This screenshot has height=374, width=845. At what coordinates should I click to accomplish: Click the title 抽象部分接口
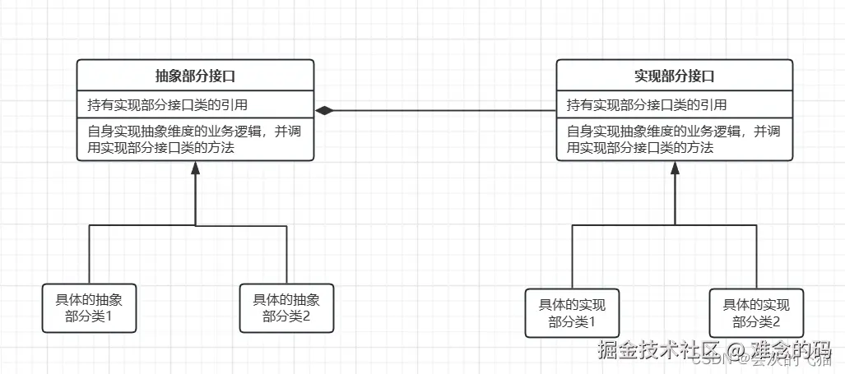[196, 76]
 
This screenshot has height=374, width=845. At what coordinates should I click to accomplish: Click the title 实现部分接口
[675, 76]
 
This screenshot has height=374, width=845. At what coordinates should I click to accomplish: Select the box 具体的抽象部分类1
[89, 307]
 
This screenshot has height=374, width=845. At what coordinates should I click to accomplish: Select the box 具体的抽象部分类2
[286, 307]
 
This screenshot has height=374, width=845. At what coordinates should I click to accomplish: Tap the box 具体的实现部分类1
[572, 313]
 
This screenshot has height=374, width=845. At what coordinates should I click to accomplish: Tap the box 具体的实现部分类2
[755, 313]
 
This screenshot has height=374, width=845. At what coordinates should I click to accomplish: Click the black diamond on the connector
[327, 110]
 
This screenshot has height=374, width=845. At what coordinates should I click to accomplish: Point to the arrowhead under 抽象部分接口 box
[196, 168]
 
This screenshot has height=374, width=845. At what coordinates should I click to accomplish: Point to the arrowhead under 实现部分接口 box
[675, 168]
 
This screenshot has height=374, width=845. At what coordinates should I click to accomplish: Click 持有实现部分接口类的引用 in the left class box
[168, 105]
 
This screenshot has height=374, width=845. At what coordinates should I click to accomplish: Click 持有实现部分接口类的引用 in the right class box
[647, 105]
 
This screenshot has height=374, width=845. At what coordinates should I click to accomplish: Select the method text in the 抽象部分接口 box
[196, 140]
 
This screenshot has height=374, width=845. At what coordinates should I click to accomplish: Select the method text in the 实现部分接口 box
[675, 140]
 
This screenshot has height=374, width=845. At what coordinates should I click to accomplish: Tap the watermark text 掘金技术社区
[649, 349]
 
